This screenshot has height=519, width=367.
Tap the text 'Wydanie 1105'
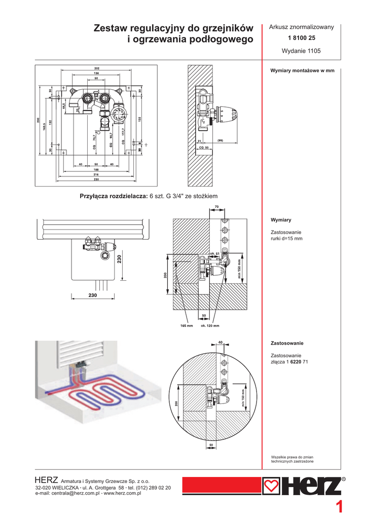click(x=301, y=51)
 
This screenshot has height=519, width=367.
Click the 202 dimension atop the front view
click(x=97, y=68)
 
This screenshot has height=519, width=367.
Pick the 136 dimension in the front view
click(x=96, y=73)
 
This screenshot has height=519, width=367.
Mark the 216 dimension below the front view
click(x=96, y=175)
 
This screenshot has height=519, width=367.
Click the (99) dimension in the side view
click(x=221, y=140)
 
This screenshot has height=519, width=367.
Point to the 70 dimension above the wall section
click(x=216, y=207)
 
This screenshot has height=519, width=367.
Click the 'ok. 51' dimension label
click(x=214, y=253)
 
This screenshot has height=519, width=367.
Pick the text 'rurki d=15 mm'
click(x=287, y=238)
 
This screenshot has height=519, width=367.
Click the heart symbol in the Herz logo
click(x=272, y=487)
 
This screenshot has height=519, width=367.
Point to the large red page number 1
click(x=340, y=507)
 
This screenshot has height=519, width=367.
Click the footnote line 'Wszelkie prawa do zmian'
click(x=292, y=457)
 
